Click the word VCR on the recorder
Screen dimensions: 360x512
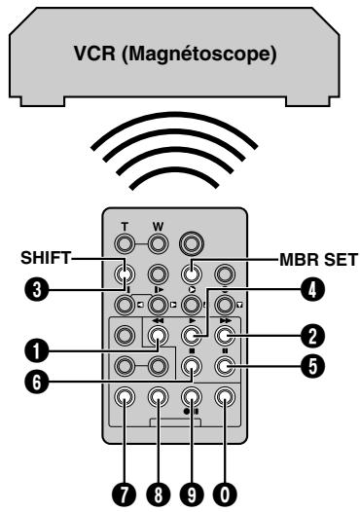point(94,53)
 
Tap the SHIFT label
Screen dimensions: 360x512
point(46,258)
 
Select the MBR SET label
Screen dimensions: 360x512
point(318,260)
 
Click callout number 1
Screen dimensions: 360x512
point(37,351)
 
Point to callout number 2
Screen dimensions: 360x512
point(312,337)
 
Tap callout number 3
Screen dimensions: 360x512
point(37,290)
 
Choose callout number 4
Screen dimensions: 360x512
point(312,289)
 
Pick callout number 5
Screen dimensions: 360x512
point(312,366)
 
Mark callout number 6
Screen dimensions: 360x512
point(37,382)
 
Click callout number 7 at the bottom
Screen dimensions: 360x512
point(124,495)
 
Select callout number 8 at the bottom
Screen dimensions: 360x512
point(158,495)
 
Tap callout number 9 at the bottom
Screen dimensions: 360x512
point(192,495)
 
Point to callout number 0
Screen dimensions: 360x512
point(225,495)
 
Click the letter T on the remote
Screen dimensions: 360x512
point(125,227)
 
